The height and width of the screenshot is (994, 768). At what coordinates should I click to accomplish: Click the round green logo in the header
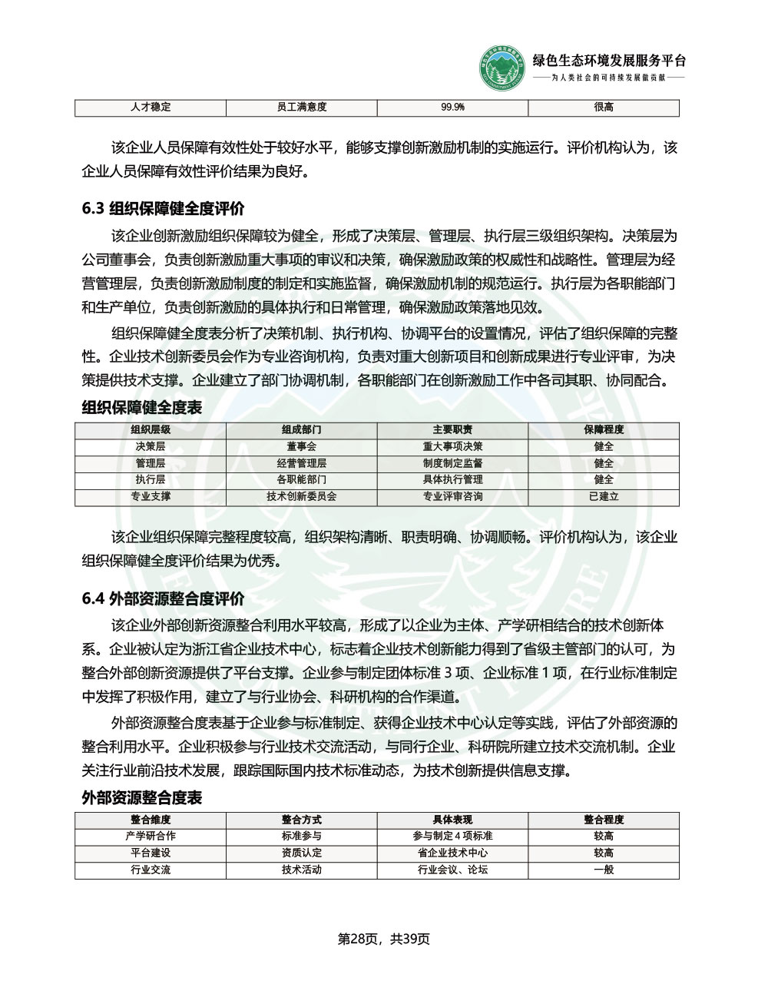click(504, 68)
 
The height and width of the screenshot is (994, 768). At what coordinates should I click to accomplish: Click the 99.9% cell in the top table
click(452, 108)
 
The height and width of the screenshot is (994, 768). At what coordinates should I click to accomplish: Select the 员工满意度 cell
click(302, 108)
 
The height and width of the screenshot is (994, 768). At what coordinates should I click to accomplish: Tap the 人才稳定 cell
click(151, 108)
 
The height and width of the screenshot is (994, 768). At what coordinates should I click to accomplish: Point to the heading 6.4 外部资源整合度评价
click(163, 598)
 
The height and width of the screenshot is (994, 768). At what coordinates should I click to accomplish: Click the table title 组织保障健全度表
click(141, 408)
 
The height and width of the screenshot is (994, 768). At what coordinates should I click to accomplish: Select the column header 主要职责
click(452, 430)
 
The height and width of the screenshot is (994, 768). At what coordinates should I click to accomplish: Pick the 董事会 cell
click(302, 447)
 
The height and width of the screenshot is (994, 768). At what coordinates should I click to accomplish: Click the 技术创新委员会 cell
click(302, 497)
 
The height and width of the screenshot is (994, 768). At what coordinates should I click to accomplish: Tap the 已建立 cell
click(604, 497)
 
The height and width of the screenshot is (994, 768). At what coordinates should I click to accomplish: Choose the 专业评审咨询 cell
click(452, 497)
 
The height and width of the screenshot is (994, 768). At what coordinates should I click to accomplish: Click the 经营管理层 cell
click(302, 464)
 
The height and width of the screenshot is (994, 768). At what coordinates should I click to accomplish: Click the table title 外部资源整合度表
click(141, 798)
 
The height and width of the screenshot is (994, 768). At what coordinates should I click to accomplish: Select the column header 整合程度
click(604, 820)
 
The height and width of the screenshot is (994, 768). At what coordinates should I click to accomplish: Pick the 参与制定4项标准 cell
click(452, 837)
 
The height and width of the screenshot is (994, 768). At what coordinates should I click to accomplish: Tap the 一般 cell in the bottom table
click(604, 870)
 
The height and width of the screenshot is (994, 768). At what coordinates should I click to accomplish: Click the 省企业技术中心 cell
click(452, 853)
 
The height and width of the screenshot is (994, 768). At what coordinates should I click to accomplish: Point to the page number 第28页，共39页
click(384, 939)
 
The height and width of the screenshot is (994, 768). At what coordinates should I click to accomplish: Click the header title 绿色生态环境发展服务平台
click(609, 61)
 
